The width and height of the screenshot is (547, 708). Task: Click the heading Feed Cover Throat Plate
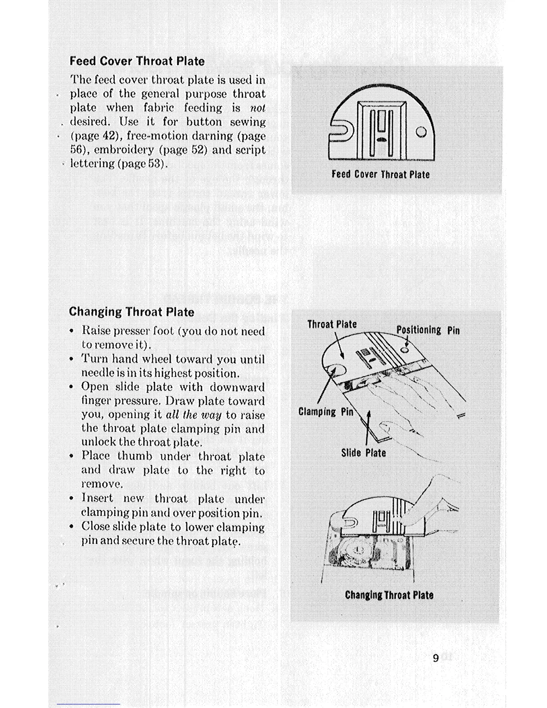(x=137, y=61)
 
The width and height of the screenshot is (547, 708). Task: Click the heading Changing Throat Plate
(x=131, y=312)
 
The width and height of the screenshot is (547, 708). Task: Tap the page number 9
(x=436, y=658)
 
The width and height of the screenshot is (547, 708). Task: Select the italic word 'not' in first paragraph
(x=258, y=108)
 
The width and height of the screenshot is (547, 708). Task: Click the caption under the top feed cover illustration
(x=380, y=174)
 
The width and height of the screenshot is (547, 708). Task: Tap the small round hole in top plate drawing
(x=421, y=132)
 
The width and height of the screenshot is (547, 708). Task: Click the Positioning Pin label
(x=428, y=330)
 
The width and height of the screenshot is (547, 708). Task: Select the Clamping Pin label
(x=325, y=412)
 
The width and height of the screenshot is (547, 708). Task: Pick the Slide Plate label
(x=363, y=453)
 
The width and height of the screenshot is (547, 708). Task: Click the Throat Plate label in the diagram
(x=332, y=324)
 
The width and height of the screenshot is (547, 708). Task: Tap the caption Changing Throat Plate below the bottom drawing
(x=389, y=595)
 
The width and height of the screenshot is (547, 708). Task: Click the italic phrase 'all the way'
(x=194, y=415)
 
